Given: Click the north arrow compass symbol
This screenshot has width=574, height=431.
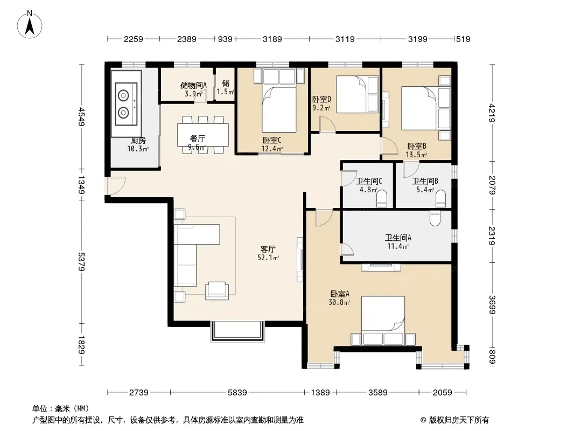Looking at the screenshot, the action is click(x=30, y=25).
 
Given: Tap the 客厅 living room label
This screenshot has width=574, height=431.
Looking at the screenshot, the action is click(x=268, y=249).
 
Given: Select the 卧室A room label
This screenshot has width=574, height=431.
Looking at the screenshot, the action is click(x=340, y=294).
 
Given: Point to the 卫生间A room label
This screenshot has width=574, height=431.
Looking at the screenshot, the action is click(x=398, y=238).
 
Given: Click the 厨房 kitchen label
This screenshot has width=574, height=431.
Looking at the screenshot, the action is click(x=138, y=141).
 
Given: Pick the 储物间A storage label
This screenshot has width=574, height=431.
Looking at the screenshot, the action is click(x=194, y=85).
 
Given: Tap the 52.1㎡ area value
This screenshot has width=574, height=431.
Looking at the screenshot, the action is click(x=268, y=258).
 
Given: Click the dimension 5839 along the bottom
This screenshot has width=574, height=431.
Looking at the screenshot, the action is click(x=237, y=393).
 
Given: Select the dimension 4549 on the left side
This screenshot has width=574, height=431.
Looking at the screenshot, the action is click(x=82, y=116).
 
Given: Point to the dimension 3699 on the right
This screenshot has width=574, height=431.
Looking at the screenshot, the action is click(x=492, y=305).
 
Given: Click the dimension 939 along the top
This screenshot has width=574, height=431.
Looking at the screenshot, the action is click(x=225, y=39).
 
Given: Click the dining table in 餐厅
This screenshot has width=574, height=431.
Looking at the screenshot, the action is click(x=203, y=135).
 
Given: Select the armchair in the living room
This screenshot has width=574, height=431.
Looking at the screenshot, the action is click(x=217, y=291).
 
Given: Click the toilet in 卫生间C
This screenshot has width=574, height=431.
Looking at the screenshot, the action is click(x=381, y=199).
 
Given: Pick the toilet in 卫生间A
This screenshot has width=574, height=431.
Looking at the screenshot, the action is click(x=435, y=218).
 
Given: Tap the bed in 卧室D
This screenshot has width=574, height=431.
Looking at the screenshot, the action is click(x=357, y=94).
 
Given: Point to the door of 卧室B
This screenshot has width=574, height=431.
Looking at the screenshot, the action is click(x=389, y=146).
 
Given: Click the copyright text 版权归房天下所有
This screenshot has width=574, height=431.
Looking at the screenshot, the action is click(x=458, y=420).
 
